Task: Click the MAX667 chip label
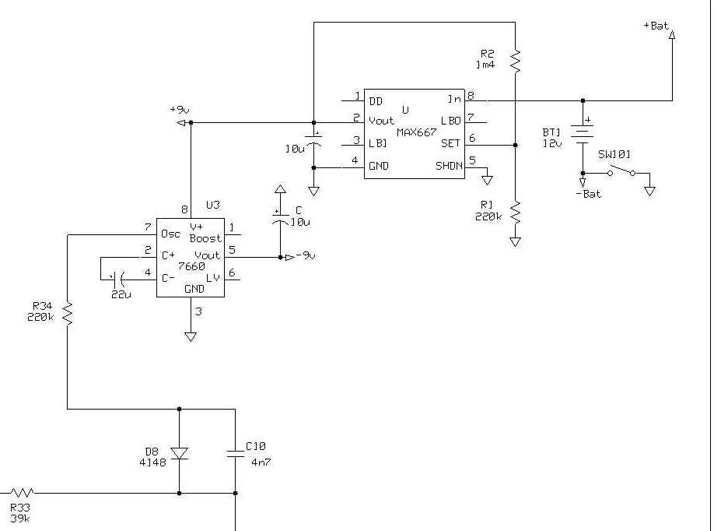[417, 132]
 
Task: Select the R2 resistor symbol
[515, 62]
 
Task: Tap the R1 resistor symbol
[515, 212]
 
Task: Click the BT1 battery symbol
[583, 133]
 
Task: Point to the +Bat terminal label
[656, 26]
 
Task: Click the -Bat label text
[588, 194]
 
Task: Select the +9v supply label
[180, 110]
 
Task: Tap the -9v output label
[306, 255]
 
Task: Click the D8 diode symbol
[179, 453]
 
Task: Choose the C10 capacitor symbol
[236, 454]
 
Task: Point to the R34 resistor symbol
[68, 313]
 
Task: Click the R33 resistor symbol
[22, 493]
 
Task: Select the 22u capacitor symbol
[117, 278]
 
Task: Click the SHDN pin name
[449, 166]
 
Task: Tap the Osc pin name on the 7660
[170, 234]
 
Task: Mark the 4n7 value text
[261, 462]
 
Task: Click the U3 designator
[213, 206]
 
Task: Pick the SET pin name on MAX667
[450, 143]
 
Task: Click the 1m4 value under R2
[485, 65]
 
